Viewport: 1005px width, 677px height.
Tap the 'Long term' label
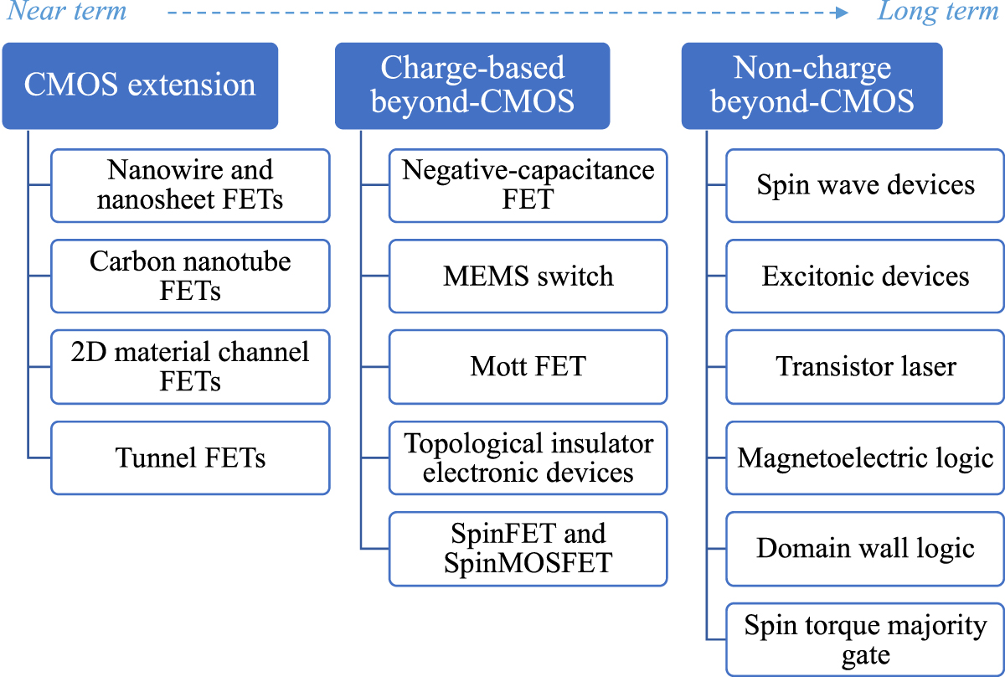[x=938, y=12]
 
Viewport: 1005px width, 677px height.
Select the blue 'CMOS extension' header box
[x=140, y=85]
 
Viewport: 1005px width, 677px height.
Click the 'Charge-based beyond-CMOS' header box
[x=472, y=85]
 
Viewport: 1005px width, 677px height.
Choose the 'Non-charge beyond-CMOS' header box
[x=812, y=85]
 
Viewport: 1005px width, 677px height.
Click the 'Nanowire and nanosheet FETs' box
[x=190, y=185]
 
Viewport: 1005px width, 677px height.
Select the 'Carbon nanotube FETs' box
[x=190, y=276]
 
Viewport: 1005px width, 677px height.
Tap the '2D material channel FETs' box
[x=190, y=366]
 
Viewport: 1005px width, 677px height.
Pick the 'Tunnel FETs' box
[x=190, y=457]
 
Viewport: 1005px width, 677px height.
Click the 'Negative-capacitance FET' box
[x=528, y=185]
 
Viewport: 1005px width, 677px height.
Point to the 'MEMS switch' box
[x=528, y=276]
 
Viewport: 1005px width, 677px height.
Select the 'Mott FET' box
[x=528, y=366]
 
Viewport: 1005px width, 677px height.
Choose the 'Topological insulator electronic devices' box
[x=528, y=457]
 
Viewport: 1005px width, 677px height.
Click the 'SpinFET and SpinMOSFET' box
[x=528, y=548]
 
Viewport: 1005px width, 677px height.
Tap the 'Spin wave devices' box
[x=865, y=185]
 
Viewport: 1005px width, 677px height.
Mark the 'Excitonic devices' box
[x=865, y=276]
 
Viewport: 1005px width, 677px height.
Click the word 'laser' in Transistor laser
[x=924, y=366]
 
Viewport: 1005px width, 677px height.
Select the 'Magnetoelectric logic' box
[x=865, y=457]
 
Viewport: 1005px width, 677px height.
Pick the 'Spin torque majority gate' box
[x=865, y=639]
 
